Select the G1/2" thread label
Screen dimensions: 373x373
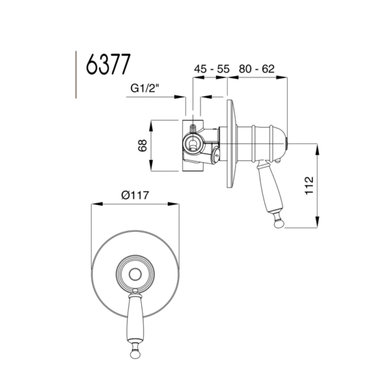(146, 88)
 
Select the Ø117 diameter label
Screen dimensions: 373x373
(134, 195)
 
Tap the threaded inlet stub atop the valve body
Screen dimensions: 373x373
(193, 129)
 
